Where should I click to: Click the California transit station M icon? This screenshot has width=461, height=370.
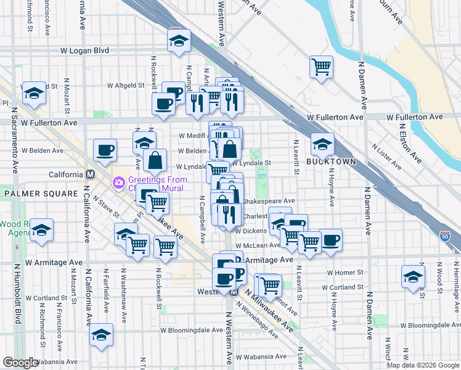[x=90, y=175]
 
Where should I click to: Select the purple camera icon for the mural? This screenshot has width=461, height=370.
[x=118, y=183]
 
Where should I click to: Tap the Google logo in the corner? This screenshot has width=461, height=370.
[x=20, y=363]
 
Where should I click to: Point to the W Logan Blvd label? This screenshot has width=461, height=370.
[x=84, y=51]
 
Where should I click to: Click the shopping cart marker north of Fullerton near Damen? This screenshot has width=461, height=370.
[x=321, y=67]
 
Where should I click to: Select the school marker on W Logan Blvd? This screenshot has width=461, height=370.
[x=179, y=42]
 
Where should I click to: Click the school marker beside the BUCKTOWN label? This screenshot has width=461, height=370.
[x=322, y=145]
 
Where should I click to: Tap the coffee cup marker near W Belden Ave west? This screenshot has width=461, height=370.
[x=105, y=150]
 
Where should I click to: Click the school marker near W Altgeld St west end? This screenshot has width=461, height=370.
[x=33, y=94]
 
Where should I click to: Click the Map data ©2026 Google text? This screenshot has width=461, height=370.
[x=423, y=365]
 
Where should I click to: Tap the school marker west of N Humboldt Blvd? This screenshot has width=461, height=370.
[x=42, y=230]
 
